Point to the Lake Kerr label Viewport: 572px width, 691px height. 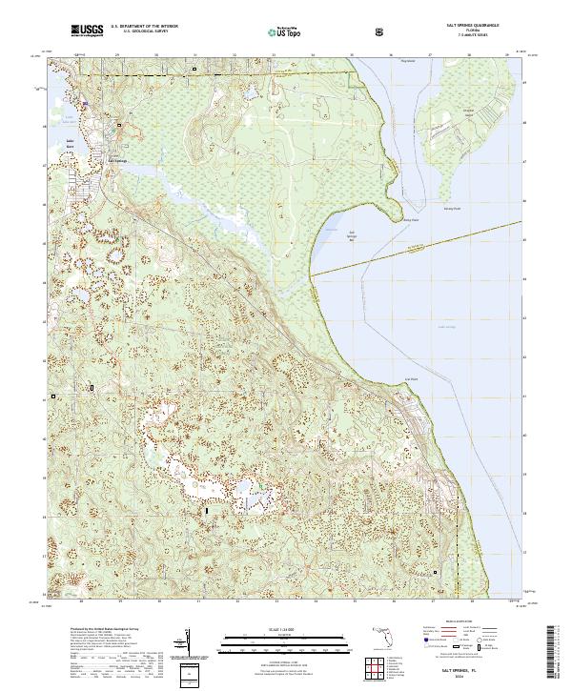tap(71, 144)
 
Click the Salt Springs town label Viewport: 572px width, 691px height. tap(116, 160)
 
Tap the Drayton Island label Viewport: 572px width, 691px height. tap(468, 111)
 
